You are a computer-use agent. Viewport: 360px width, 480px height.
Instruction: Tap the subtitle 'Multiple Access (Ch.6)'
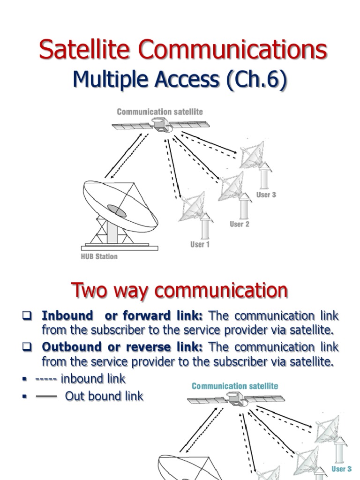(180, 80)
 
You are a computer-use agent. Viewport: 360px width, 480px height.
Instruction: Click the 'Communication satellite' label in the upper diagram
(160, 112)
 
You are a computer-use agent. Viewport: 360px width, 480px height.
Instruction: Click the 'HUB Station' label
(99, 256)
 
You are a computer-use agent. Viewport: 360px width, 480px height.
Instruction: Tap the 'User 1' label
(200, 244)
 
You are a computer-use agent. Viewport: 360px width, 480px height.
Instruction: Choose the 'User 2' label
(239, 224)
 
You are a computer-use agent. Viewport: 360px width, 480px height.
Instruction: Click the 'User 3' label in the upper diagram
(266, 195)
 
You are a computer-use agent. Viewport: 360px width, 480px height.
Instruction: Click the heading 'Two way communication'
(179, 291)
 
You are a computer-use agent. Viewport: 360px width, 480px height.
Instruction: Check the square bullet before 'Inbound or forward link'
(26, 315)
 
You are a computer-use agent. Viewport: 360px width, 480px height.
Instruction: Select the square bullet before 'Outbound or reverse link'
(26, 347)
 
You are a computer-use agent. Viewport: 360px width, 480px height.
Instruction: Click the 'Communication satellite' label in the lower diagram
(235, 386)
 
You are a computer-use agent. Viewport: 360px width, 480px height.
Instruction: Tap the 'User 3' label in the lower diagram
(341, 469)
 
